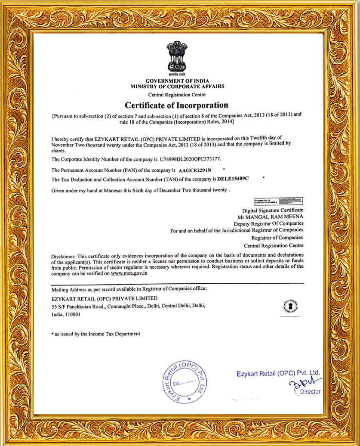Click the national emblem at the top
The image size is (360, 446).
click(177, 57)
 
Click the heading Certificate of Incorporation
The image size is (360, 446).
click(176, 105)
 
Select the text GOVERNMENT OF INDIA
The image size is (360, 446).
click(177, 81)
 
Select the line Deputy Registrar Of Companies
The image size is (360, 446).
click(268, 224)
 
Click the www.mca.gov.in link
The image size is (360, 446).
click(129, 273)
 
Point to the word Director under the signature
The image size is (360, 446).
click(311, 392)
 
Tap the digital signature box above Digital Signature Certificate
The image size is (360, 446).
click(278, 201)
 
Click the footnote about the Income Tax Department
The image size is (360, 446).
click(95, 334)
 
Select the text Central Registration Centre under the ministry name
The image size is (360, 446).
click(177, 95)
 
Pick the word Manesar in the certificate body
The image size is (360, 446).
click(109, 189)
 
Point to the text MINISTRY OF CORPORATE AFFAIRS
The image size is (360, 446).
click(177, 86)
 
